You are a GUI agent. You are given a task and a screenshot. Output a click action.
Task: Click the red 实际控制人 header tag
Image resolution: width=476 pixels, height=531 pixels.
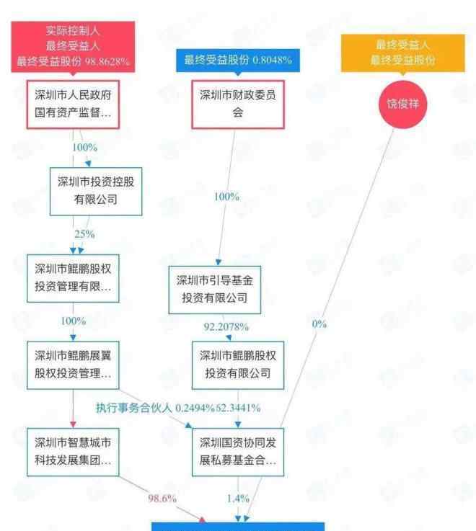click(x=73, y=46)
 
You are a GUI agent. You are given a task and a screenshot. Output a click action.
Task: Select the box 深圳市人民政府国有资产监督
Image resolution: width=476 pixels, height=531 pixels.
click(x=73, y=105)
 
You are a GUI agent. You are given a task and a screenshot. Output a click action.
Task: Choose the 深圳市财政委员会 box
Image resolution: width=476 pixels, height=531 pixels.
click(x=237, y=105)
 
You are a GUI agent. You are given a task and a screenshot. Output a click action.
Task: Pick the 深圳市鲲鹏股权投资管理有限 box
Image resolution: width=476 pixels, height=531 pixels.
click(x=73, y=277)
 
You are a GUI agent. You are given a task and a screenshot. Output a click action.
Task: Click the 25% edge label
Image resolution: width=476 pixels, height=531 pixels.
click(x=84, y=234)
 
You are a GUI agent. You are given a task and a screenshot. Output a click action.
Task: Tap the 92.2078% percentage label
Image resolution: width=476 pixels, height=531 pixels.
click(x=226, y=327)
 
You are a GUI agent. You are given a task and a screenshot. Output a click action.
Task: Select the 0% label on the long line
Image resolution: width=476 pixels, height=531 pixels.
click(x=319, y=324)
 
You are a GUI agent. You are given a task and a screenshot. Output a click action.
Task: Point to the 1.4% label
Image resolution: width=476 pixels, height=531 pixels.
click(x=237, y=498)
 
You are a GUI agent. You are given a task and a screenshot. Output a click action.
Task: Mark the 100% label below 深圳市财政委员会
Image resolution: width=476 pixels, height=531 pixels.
click(x=227, y=197)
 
